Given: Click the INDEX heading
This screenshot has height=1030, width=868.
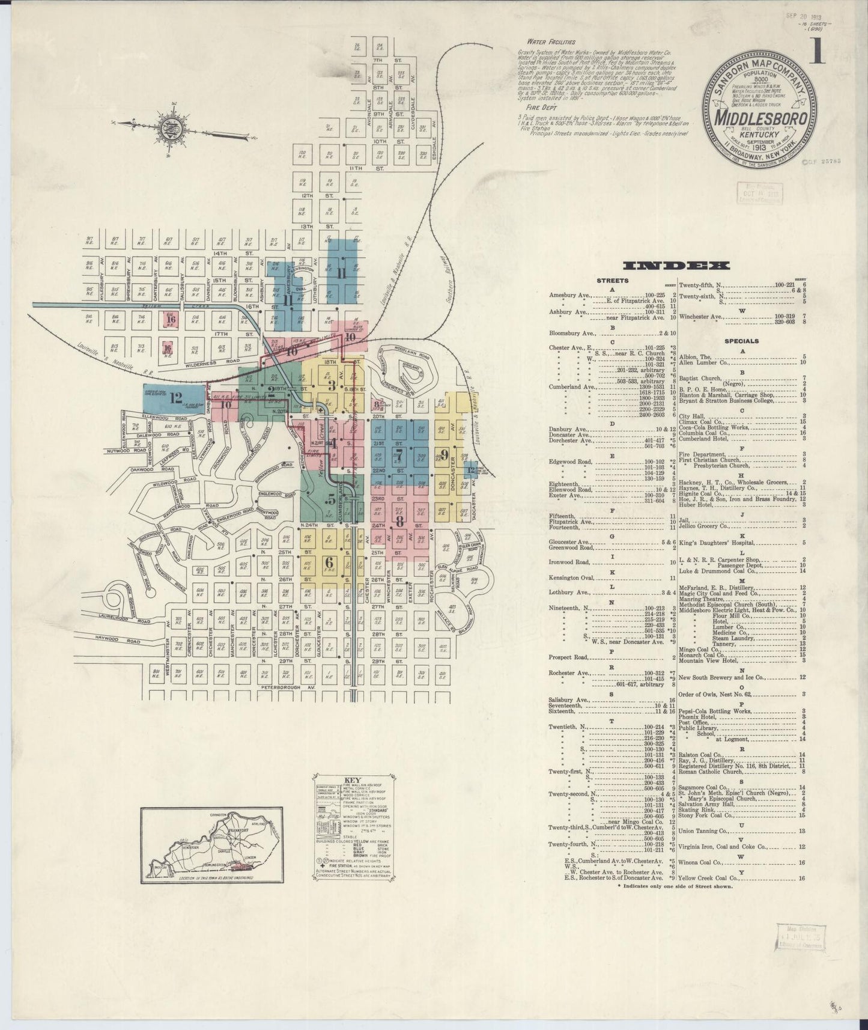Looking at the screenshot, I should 676,266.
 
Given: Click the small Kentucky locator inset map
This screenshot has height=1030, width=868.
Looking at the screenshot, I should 211,845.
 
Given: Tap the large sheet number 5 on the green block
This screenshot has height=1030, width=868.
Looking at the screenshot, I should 332,499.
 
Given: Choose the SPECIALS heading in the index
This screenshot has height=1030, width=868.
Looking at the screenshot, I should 741,341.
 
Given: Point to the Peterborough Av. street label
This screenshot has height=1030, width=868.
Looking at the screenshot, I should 289,687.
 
